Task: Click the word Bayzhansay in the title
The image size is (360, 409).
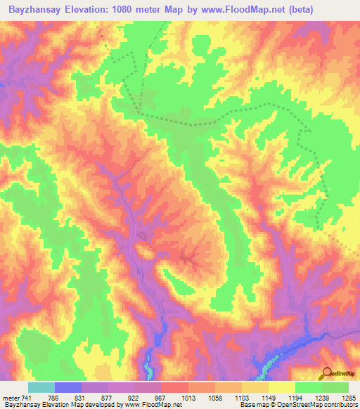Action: point(35,9)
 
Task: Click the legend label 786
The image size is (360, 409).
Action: point(68,397)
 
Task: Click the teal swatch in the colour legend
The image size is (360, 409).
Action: point(41,387)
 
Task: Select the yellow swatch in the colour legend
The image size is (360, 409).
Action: point(281,387)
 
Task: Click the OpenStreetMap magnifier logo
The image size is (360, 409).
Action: point(327,373)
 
